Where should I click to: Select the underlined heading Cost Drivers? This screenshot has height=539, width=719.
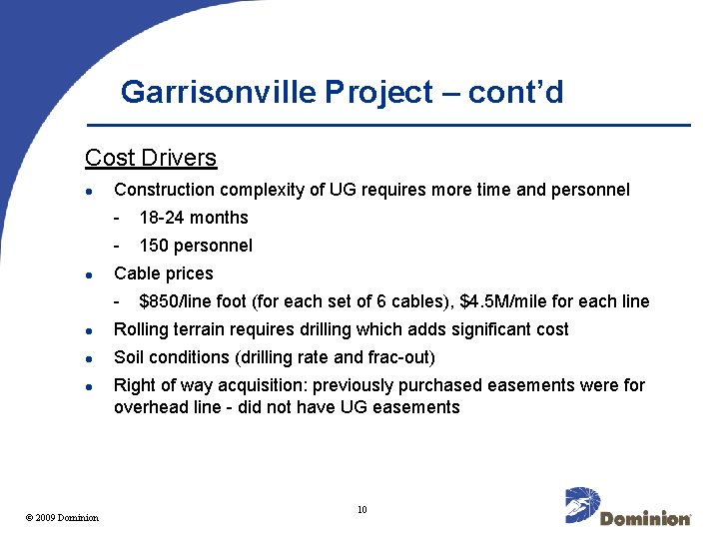[151, 158]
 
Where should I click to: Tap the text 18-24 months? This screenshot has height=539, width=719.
[194, 218]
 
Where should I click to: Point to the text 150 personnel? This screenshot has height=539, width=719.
[196, 246]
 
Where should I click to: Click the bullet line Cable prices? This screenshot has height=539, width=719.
[164, 273]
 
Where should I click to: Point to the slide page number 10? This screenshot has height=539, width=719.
[361, 510]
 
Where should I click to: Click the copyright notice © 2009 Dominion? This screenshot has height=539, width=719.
[62, 517]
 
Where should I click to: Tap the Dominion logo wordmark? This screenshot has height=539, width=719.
[645, 518]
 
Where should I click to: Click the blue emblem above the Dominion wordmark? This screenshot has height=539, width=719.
[582, 503]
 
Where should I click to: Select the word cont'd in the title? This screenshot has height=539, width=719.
[516, 93]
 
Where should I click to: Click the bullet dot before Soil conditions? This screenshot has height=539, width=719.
[90, 357]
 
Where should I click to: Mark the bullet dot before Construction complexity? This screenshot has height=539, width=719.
[90, 190]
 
